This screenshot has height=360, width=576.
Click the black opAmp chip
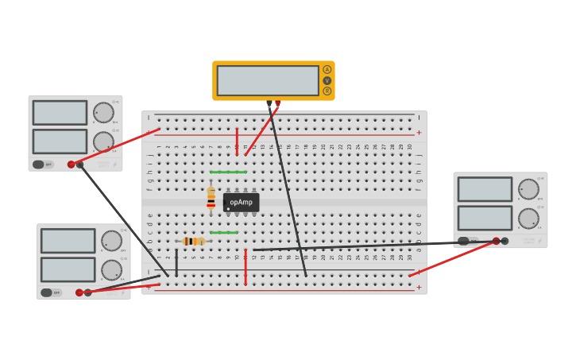(241, 202)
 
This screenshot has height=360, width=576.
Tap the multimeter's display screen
(268, 80)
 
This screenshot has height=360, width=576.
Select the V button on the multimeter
(327, 80)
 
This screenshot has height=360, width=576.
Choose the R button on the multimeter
(327, 91)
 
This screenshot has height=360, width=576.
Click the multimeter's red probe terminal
(277, 103)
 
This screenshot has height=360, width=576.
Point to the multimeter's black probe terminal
(269, 103)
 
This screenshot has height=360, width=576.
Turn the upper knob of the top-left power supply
(103, 112)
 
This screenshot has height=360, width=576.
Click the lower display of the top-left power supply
(60, 141)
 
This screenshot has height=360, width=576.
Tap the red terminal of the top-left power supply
(71, 165)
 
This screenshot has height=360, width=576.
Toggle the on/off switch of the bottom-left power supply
(46, 292)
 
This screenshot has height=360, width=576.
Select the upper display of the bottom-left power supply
(68, 241)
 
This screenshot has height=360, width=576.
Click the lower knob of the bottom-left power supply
(111, 270)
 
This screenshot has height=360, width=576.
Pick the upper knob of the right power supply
(528, 189)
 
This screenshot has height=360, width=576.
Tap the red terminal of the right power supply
(496, 241)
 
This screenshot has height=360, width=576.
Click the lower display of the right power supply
(485, 218)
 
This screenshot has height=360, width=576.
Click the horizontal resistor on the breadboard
(193, 241)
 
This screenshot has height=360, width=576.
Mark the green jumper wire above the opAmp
(228, 172)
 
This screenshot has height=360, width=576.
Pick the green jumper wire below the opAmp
(224, 233)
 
